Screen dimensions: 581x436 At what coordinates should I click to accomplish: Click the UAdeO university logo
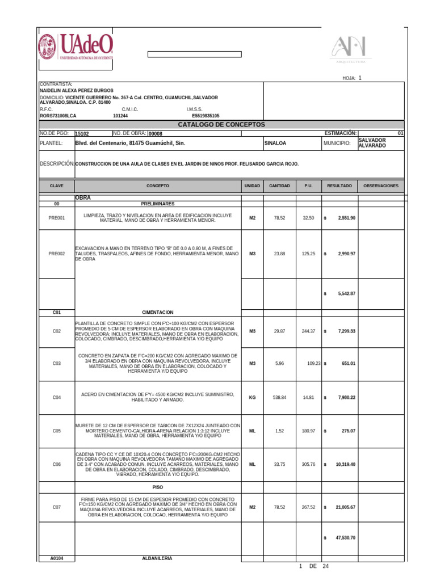(x=76, y=47)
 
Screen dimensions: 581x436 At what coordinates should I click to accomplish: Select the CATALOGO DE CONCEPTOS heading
(x=221, y=124)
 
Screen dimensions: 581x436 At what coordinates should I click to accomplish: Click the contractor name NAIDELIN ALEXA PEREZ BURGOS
(x=76, y=90)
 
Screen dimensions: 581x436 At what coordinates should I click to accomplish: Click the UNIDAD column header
(x=252, y=186)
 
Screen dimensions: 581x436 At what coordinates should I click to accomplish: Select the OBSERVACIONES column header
(x=380, y=186)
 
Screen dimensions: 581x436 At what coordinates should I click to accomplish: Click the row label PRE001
(x=56, y=218)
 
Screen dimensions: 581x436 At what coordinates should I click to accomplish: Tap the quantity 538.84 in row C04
(x=279, y=398)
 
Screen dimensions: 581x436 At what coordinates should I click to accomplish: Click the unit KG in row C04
(x=252, y=398)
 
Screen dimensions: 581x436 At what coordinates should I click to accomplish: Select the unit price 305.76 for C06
(x=308, y=465)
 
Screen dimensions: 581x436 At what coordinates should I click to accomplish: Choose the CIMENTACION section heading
(x=158, y=313)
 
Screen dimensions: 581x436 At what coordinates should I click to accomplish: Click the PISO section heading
(x=158, y=487)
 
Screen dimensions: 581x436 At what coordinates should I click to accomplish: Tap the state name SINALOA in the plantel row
(x=276, y=144)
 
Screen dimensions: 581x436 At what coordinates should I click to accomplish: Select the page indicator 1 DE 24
(x=313, y=566)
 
